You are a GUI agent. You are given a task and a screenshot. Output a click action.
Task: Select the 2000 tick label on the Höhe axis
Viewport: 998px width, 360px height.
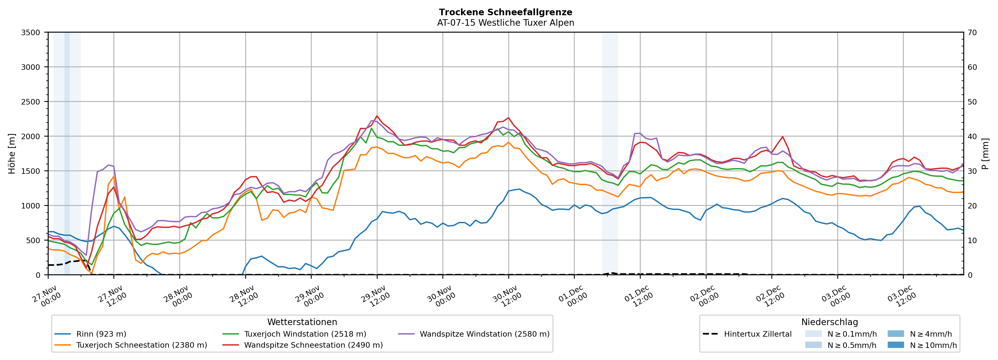(31, 136)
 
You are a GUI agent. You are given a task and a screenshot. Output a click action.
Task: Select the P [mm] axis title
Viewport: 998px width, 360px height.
(985, 153)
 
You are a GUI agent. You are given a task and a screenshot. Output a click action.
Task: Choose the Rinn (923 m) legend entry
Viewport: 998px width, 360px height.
(101, 334)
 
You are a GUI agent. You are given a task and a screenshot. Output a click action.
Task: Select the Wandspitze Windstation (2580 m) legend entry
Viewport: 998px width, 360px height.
(484, 334)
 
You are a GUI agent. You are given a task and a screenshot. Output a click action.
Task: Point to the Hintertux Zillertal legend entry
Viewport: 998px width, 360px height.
(757, 334)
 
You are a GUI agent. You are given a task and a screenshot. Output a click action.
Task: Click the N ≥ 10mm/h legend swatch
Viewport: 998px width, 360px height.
(895, 345)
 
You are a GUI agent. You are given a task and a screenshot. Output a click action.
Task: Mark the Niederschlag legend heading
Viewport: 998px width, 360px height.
(829, 322)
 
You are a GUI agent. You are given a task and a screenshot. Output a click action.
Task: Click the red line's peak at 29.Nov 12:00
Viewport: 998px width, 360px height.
(377, 116)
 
